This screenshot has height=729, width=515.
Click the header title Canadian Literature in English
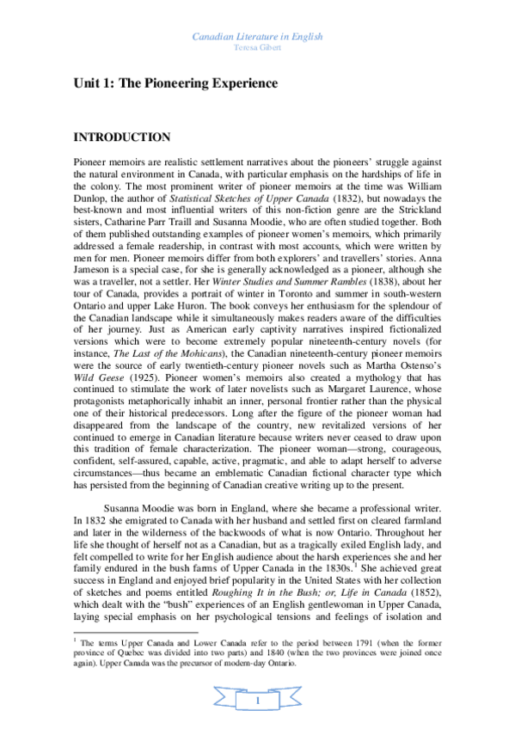(257, 38)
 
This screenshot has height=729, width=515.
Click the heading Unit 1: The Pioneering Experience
(175, 83)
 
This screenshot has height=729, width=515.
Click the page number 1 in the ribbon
(257, 702)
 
